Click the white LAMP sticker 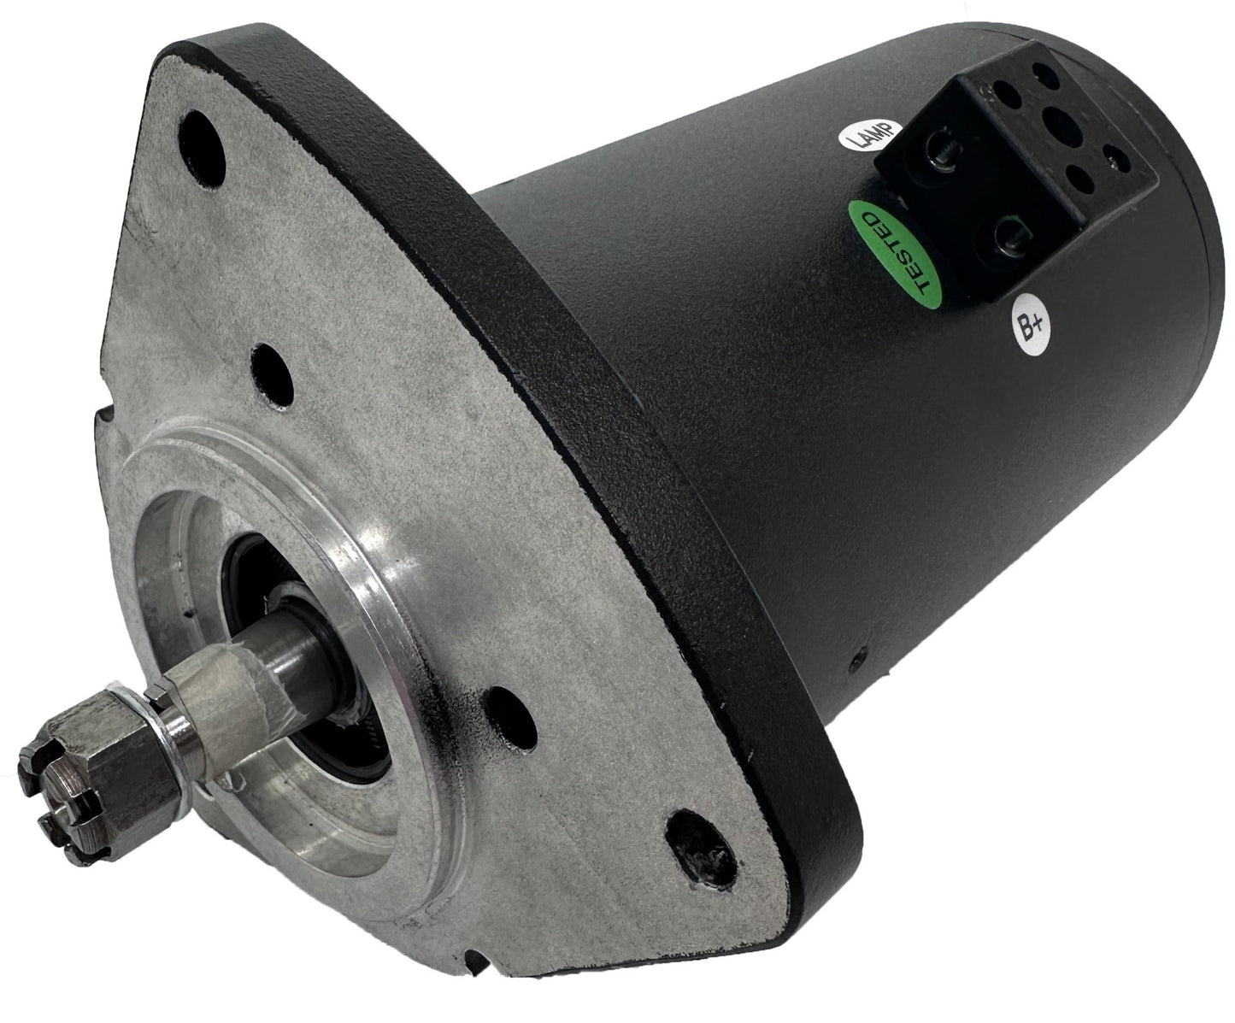tap(867, 137)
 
